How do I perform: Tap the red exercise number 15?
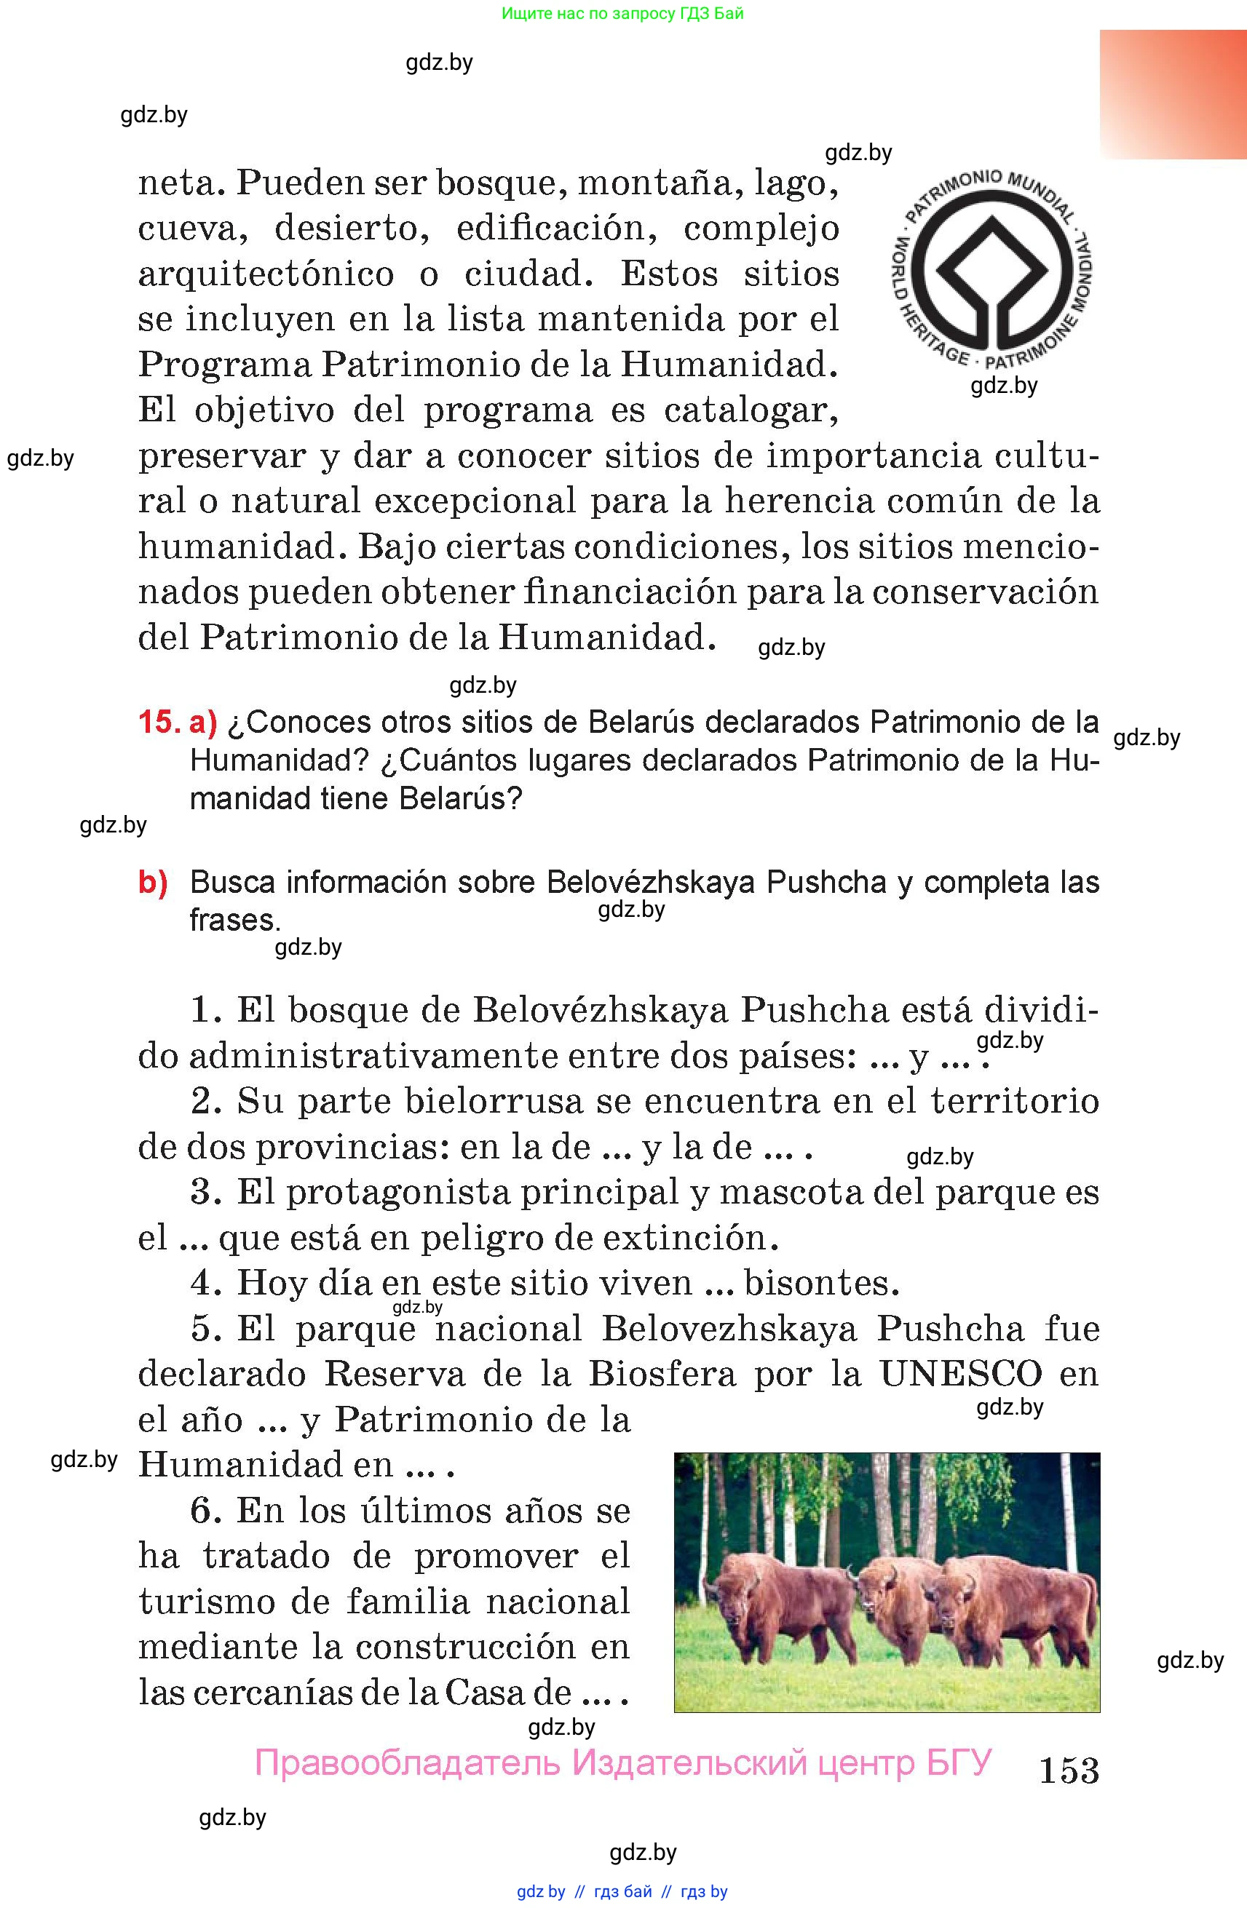159,723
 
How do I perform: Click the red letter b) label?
153,882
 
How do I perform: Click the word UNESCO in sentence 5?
961,1374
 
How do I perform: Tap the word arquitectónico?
266,275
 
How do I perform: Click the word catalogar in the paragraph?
751,410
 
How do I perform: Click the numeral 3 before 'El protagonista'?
205,1192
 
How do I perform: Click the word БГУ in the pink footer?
959,1763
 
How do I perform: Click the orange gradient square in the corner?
1173,95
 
